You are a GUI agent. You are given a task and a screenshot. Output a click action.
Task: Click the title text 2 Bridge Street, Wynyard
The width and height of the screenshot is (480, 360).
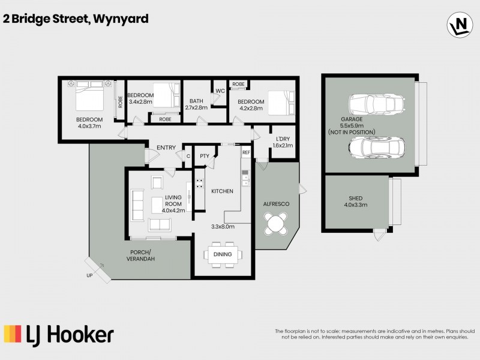click(76, 19)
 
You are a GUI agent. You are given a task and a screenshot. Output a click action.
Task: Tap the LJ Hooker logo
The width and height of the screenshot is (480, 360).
click(59, 334)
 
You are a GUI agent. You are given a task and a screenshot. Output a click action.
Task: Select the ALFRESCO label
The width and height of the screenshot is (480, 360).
click(277, 204)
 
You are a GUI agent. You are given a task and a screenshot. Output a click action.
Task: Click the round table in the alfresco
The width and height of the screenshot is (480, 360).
click(277, 225)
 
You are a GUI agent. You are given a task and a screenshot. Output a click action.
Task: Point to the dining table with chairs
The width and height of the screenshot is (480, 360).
click(223, 254)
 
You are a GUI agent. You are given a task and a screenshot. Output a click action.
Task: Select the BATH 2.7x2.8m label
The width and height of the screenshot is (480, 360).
click(196, 104)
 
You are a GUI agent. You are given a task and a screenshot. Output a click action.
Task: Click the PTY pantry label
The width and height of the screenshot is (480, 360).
click(204, 157)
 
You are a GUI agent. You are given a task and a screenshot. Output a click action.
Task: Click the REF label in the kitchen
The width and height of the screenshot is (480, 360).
click(245, 153)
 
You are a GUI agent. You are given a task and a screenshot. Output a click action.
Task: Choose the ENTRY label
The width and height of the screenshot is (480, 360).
click(166, 148)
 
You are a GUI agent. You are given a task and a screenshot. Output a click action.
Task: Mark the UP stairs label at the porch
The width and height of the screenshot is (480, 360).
click(89, 275)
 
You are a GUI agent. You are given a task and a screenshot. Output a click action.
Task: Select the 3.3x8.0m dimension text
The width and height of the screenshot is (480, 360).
click(223, 227)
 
